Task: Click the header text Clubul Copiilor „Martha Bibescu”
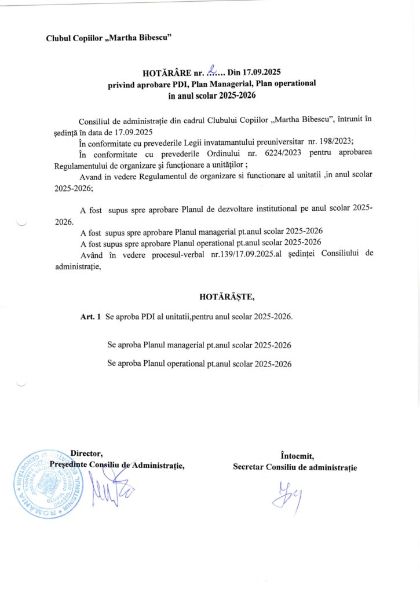(x=108, y=38)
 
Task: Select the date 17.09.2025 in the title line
(x=262, y=72)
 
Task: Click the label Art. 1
(x=91, y=317)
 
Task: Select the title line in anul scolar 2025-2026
(x=211, y=94)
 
